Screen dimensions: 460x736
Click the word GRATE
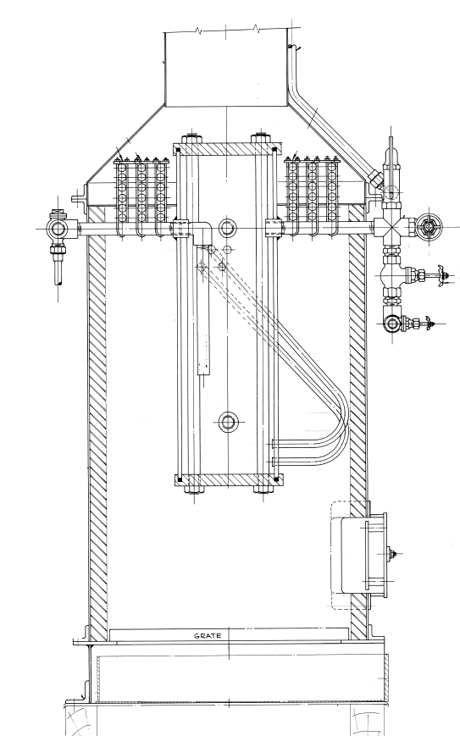[208, 636]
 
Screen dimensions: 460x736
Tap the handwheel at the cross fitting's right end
[428, 226]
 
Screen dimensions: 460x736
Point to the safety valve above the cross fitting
[391, 174]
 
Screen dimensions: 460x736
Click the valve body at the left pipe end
[59, 229]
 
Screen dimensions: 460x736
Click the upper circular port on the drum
[228, 228]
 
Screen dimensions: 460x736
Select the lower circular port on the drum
[228, 422]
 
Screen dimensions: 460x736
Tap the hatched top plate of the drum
[227, 149]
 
